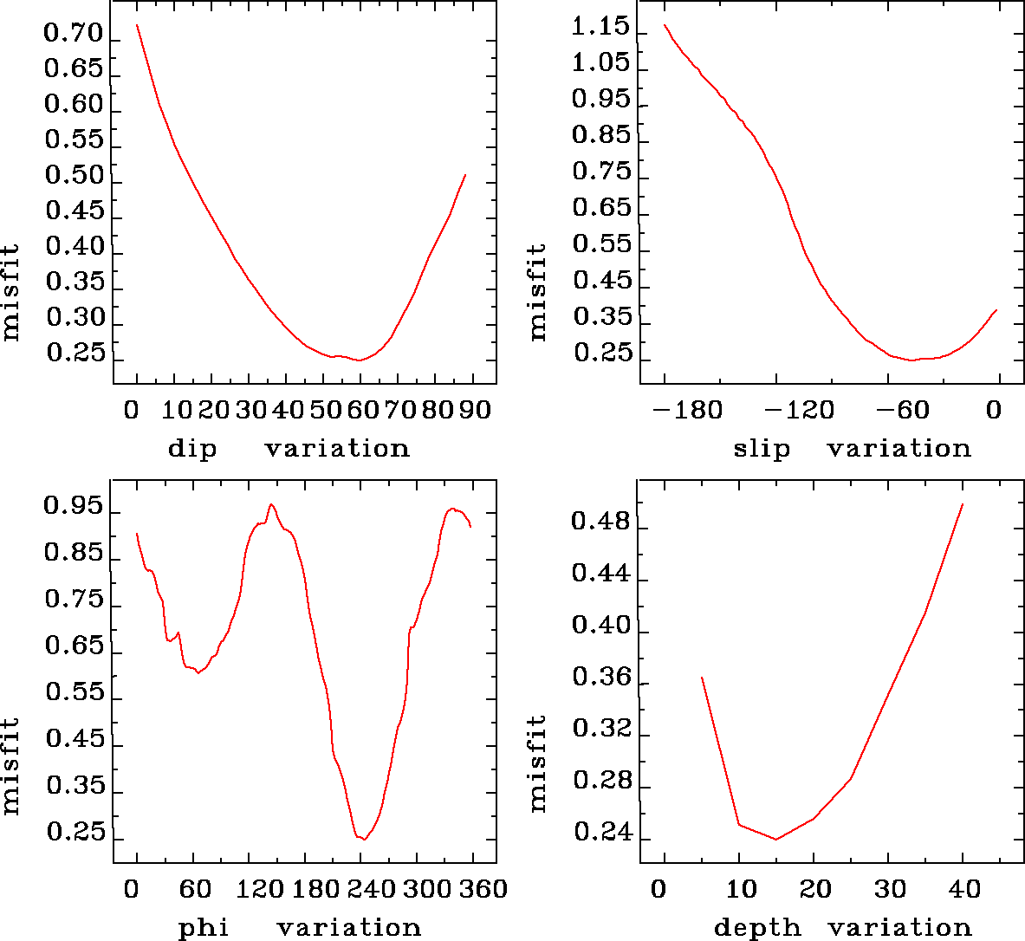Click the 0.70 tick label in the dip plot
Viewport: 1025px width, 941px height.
pos(74,36)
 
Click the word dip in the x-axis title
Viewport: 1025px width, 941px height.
pos(191,449)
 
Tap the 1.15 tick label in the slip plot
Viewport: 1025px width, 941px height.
pos(600,26)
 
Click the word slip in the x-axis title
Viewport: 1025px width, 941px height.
pos(762,449)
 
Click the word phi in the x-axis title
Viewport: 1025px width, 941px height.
pos(204,929)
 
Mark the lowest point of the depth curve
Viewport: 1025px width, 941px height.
pos(776,839)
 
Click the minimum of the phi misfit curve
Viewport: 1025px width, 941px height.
pos(365,840)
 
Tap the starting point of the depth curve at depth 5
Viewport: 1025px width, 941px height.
pos(702,678)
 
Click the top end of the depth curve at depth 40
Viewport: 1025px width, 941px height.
pos(963,504)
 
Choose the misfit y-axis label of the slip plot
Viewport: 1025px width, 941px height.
pos(538,291)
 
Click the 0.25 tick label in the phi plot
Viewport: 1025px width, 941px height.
pos(75,833)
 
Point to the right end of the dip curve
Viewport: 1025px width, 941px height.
pos(465,175)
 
